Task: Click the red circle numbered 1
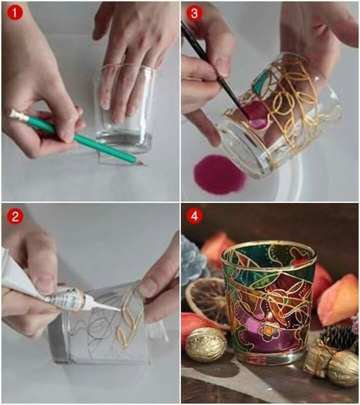pyautogui.click(x=15, y=13)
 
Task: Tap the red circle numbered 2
pyautogui.click(x=15, y=216)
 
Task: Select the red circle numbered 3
pyautogui.click(x=194, y=13)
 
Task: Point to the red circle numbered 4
pyautogui.click(x=194, y=216)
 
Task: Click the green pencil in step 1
pyautogui.click(x=77, y=137)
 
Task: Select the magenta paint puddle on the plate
pyautogui.click(x=220, y=174)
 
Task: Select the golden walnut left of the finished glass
pyautogui.click(x=206, y=342)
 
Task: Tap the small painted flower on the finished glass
pyautogui.click(x=269, y=331)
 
